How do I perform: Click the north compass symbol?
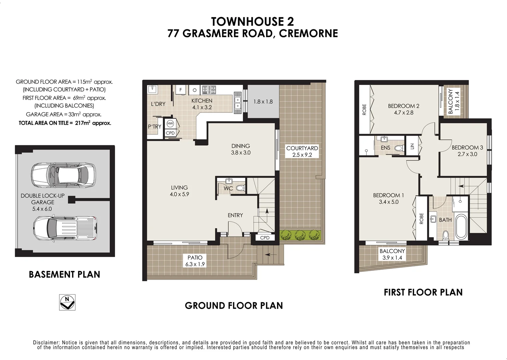click(67, 302)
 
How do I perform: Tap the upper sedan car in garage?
click(63, 175)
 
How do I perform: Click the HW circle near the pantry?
click(170, 124)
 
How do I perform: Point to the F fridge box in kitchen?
click(181, 90)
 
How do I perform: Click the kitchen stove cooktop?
click(209, 90)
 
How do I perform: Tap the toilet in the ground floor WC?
click(240, 188)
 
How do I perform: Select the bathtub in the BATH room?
click(461, 227)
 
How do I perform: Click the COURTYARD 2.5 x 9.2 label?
click(302, 151)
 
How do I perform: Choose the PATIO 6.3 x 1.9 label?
click(195, 261)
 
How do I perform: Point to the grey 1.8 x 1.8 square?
click(263, 101)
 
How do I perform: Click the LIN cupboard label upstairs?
click(412, 146)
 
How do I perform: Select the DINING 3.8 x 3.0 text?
click(241, 149)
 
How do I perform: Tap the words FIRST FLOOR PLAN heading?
click(423, 292)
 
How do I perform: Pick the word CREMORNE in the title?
click(308, 33)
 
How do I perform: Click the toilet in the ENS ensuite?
click(399, 148)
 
